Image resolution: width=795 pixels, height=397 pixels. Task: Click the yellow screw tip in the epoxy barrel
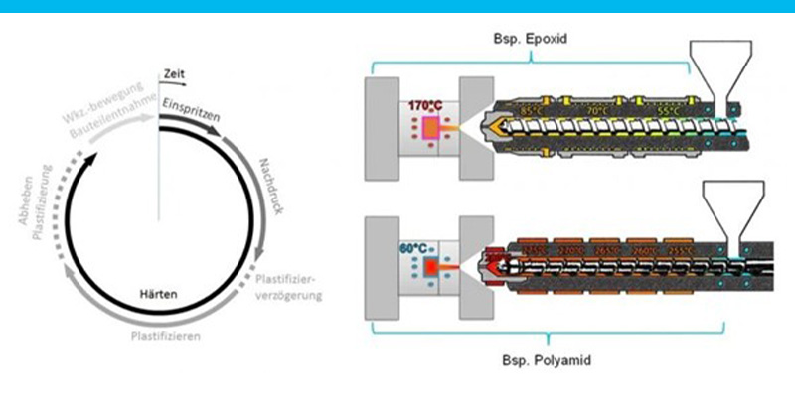click(498, 129)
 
